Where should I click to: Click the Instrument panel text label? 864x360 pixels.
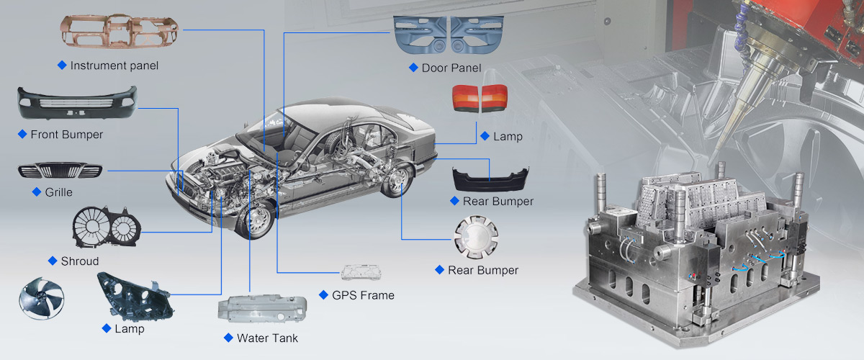(x=114, y=66)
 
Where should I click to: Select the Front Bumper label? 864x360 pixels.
(x=66, y=135)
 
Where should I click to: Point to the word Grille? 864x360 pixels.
(x=58, y=192)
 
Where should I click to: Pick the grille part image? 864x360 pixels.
(x=60, y=171)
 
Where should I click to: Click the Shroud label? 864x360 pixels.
(x=79, y=261)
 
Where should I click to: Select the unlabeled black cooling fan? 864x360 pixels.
(x=41, y=298)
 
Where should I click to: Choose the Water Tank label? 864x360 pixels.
(x=267, y=338)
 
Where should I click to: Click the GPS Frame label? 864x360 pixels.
(x=363, y=295)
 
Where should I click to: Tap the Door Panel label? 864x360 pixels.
(x=451, y=68)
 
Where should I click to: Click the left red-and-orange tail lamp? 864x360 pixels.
(x=465, y=97)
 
